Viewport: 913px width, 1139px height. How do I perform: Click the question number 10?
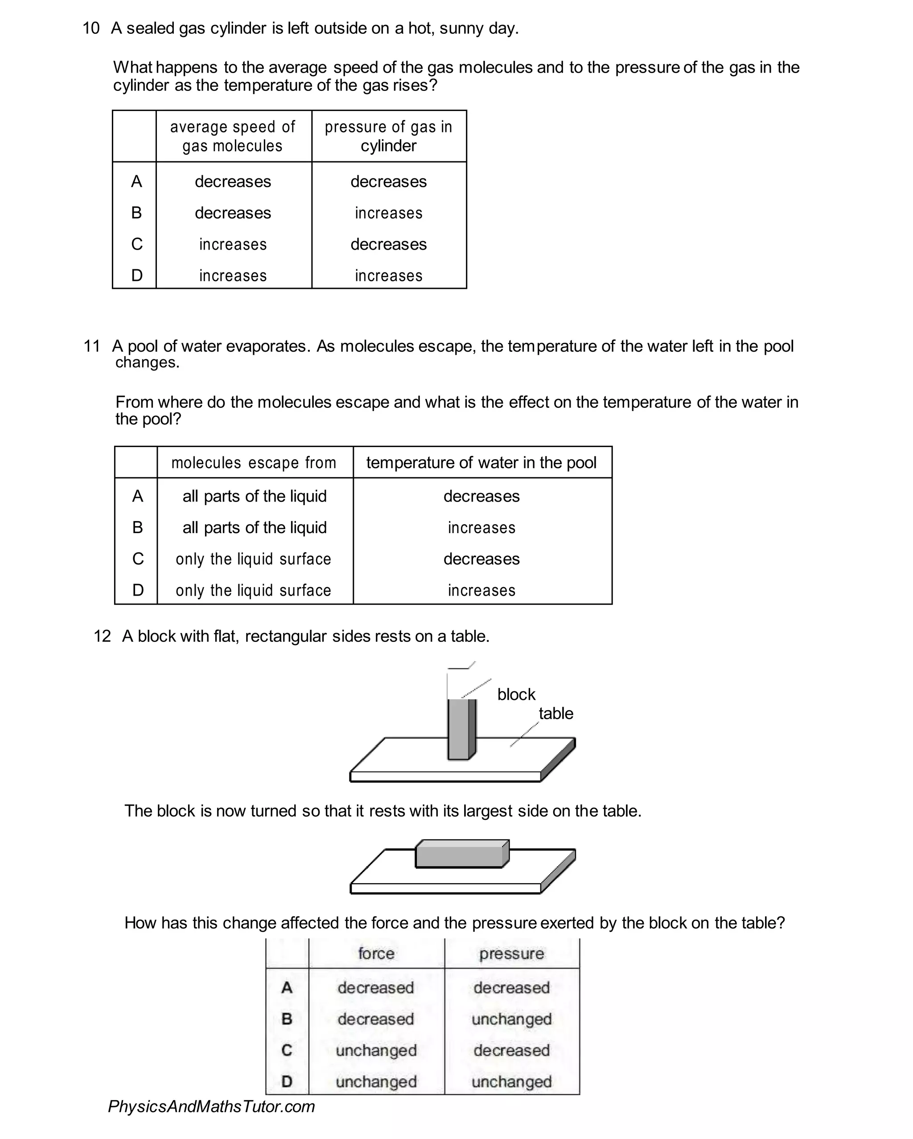pyautogui.click(x=91, y=28)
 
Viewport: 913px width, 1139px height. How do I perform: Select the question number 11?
pyautogui.click(x=91, y=346)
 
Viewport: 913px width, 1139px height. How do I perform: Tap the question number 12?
pyautogui.click(x=102, y=636)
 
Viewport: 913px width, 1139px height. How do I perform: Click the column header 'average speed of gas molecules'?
pyautogui.click(x=232, y=136)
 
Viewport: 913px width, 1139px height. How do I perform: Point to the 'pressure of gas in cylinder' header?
pyautogui.click(x=388, y=136)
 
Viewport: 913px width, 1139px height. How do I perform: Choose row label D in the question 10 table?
pyautogui.click(x=136, y=275)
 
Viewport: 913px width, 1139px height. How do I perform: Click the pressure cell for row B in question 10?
pyautogui.click(x=388, y=213)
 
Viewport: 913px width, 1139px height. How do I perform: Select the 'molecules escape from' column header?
pyautogui.click(x=254, y=463)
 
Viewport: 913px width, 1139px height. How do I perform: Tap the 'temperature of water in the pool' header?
pyautogui.click(x=481, y=463)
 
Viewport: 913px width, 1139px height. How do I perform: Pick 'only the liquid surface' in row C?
pyautogui.click(x=254, y=559)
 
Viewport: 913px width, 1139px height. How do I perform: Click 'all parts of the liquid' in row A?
pyautogui.click(x=255, y=496)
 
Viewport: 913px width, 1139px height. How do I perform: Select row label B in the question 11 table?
pyautogui.click(x=137, y=527)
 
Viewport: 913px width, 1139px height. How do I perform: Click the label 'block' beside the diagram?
pyautogui.click(x=516, y=694)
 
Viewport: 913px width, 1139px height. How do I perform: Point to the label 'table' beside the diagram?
pyautogui.click(x=555, y=713)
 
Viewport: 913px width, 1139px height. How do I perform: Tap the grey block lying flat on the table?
pyautogui.click(x=461, y=855)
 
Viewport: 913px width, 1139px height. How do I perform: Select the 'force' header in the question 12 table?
pyautogui.click(x=376, y=953)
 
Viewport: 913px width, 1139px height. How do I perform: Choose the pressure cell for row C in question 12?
pyautogui.click(x=511, y=1050)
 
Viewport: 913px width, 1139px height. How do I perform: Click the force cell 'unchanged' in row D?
pyautogui.click(x=376, y=1081)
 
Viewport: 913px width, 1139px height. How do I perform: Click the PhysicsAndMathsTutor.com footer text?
pyautogui.click(x=211, y=1106)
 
